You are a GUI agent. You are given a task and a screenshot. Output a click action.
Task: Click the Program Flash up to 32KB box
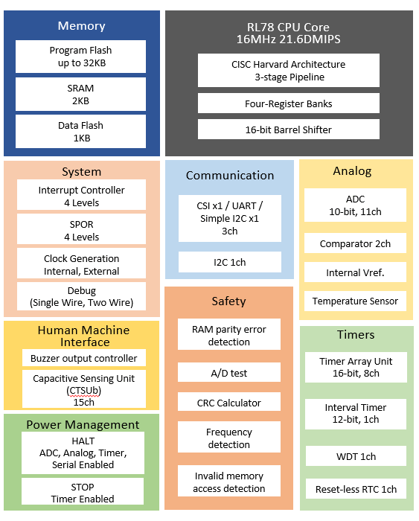coord(81,57)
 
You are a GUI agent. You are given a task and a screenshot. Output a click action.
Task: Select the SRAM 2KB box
coord(81,94)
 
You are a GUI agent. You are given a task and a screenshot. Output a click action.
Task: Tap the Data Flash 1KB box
coord(81,132)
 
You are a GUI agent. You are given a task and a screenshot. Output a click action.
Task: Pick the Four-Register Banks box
coord(288,103)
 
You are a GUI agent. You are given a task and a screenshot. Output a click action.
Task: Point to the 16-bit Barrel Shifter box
coord(288,130)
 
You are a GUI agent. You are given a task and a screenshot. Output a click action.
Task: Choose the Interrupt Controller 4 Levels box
coord(81,196)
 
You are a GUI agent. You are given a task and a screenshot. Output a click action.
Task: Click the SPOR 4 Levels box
coord(81,231)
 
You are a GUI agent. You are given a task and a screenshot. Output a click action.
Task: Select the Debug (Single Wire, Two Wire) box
coord(81,296)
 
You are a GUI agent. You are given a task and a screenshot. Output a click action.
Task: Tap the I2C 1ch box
coord(230,262)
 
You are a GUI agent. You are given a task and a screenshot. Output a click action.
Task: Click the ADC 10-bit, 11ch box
coord(355,205)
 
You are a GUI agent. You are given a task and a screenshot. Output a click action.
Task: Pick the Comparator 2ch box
coord(355,243)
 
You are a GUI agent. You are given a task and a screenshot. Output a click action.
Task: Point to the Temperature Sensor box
coord(355,301)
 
